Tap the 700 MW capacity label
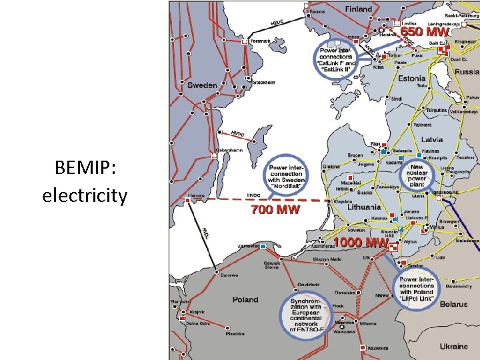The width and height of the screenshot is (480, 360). pyautogui.click(x=275, y=209)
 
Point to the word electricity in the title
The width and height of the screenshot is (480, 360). pyautogui.click(x=85, y=195)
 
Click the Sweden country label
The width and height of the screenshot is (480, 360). pyautogui.click(x=202, y=85)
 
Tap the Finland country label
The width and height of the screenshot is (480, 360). pyautogui.click(x=359, y=9)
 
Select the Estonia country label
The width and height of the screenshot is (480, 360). pyautogui.click(x=412, y=78)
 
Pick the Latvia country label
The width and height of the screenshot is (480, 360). pyautogui.click(x=433, y=139)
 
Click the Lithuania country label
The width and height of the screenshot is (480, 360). pyautogui.click(x=364, y=207)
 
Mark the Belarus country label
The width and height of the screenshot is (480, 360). pyautogui.click(x=453, y=304)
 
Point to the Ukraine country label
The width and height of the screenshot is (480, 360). pyautogui.click(x=455, y=347)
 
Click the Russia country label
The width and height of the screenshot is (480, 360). pyautogui.click(x=467, y=71)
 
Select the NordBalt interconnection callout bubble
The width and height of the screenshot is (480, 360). pyautogui.click(x=287, y=175)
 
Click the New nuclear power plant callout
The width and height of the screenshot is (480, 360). pyautogui.click(x=417, y=175)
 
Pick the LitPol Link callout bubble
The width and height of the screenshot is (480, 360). pyautogui.click(x=417, y=289)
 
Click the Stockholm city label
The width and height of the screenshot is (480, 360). pyautogui.click(x=264, y=82)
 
